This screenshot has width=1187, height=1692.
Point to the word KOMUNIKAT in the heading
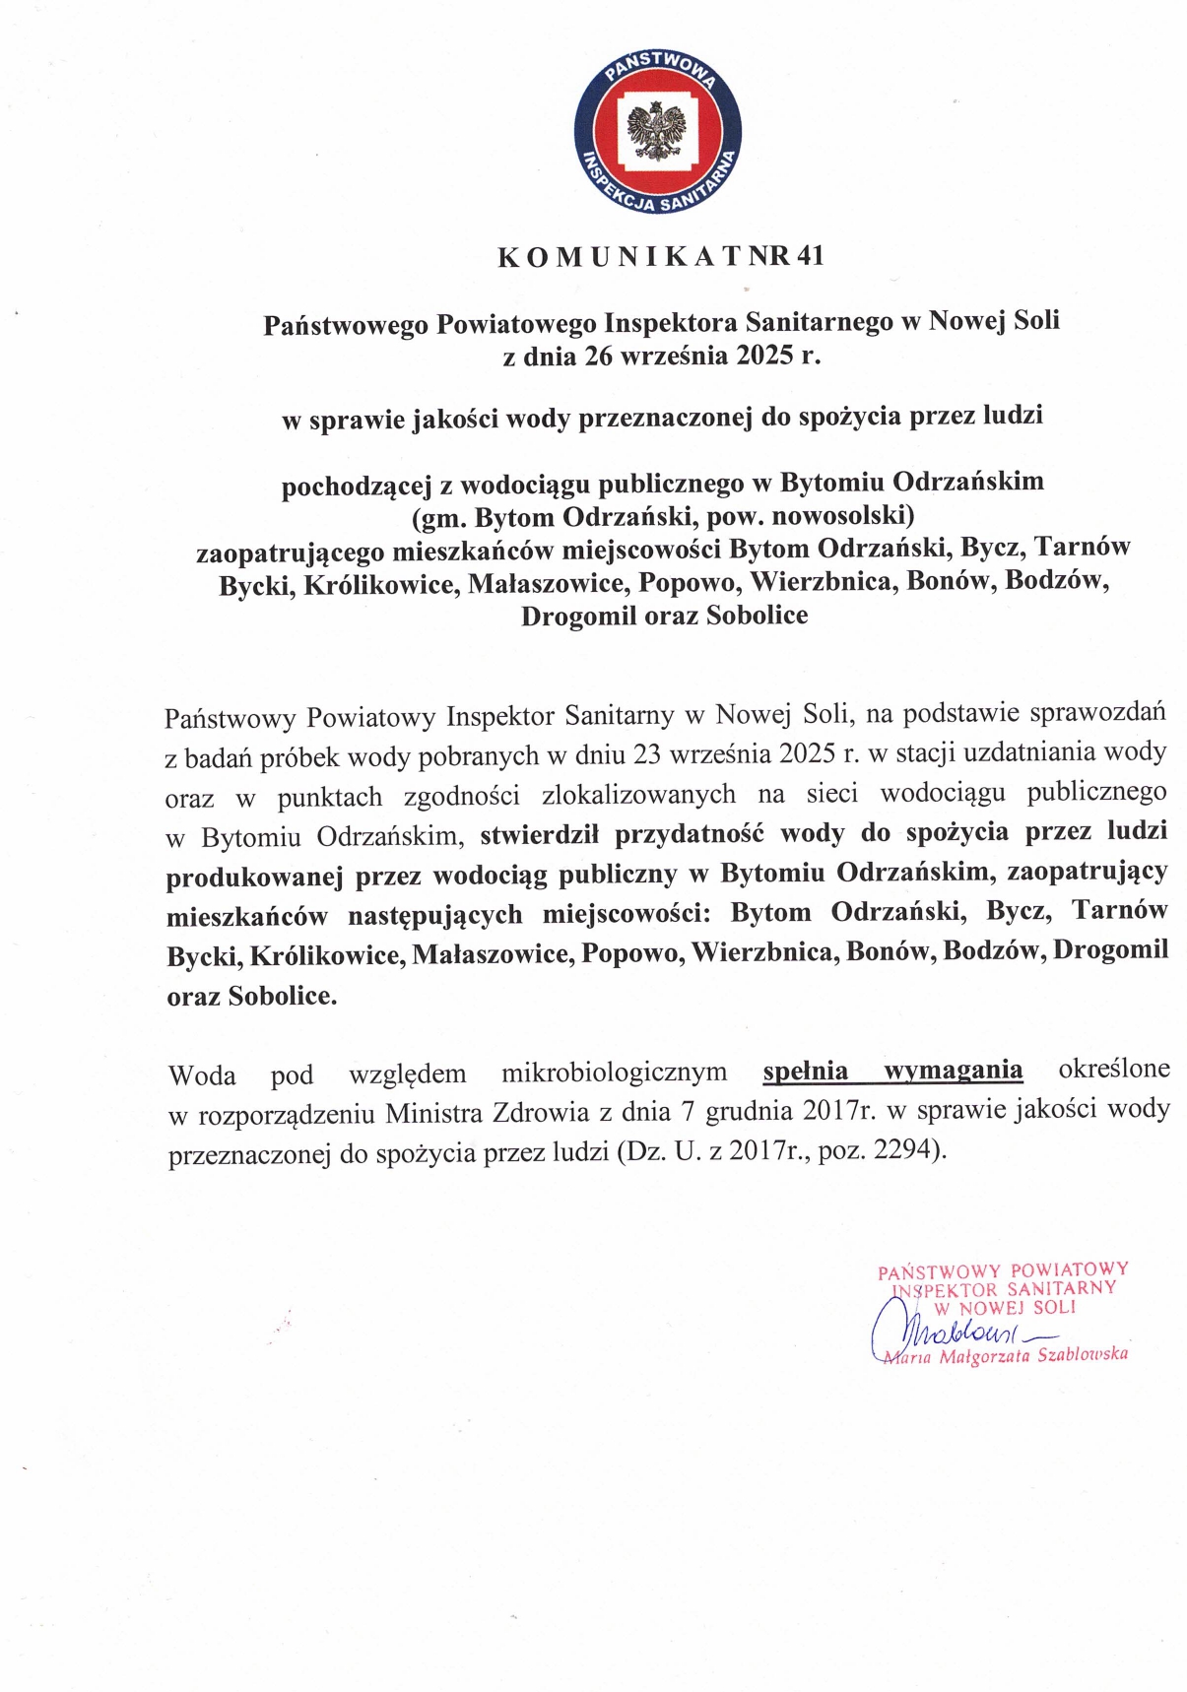pos(620,257)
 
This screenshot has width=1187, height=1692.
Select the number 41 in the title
pos(810,256)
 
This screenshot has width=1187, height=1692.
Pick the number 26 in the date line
pos(599,356)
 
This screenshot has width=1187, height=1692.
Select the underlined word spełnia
pos(805,1071)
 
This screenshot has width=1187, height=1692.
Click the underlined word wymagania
pos(953,1070)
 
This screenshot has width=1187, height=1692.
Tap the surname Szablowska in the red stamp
pos(1083,1354)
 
